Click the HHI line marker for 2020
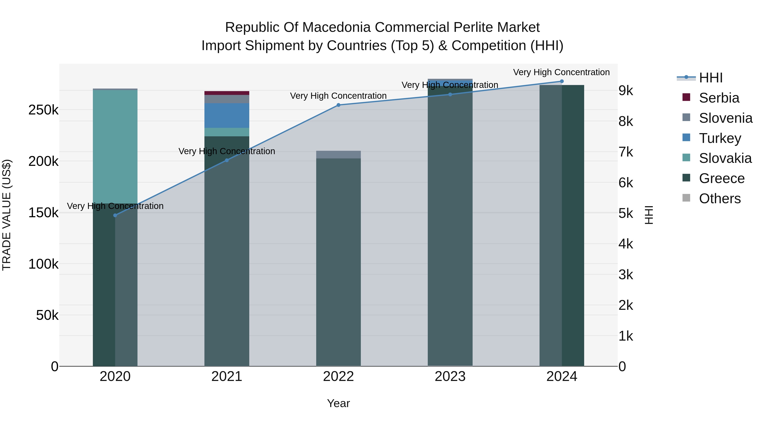coord(115,215)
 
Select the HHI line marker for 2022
coord(338,105)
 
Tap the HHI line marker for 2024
coord(562,81)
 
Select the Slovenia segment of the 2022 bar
coord(338,154)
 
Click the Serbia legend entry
coord(719,98)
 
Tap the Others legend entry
coord(719,199)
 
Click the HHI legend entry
coord(710,78)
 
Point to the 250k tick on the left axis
coord(43,110)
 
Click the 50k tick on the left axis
coord(47,315)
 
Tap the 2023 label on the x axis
coord(450,376)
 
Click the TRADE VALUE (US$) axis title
coord(7,215)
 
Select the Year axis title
coord(338,403)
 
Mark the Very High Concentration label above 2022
coord(338,96)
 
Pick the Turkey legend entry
coord(720,138)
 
